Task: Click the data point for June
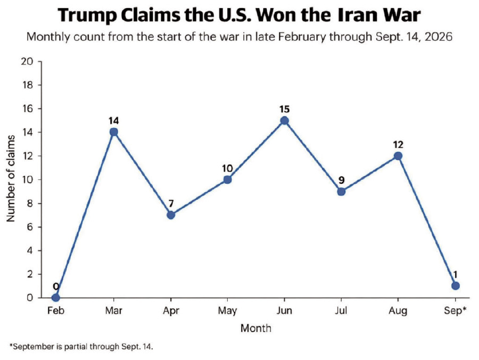(x=284, y=120)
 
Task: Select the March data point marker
(x=114, y=132)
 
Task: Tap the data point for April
(x=171, y=215)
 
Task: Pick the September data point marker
(x=455, y=286)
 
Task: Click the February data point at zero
(x=55, y=297)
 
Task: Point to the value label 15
(x=284, y=109)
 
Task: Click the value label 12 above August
(x=398, y=144)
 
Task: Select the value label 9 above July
(x=342, y=180)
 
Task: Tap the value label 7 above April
(x=171, y=203)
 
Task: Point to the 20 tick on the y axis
(x=27, y=61)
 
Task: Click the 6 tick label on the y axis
(x=30, y=227)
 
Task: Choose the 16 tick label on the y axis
(x=27, y=109)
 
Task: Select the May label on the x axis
(x=227, y=311)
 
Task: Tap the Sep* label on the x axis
(x=455, y=310)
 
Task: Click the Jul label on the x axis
(x=341, y=310)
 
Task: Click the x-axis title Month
(x=255, y=328)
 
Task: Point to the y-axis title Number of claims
(x=11, y=178)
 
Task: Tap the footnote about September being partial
(x=81, y=347)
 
